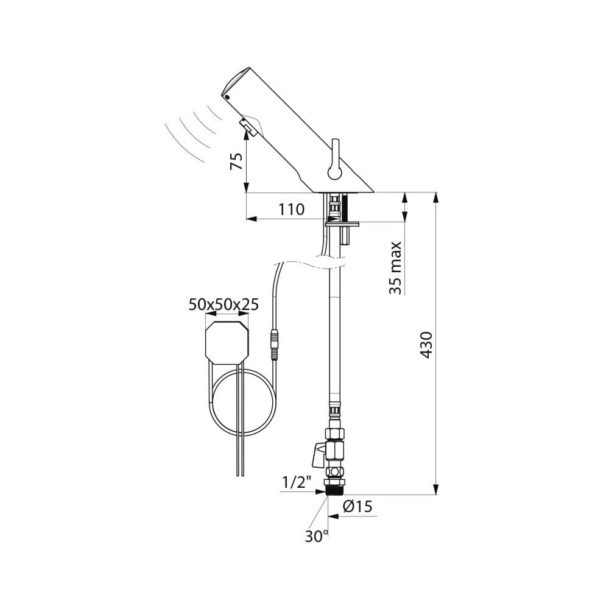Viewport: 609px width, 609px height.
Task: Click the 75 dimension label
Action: pos(236,161)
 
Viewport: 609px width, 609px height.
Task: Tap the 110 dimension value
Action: pos(291,209)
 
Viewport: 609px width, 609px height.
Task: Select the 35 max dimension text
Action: pos(395,268)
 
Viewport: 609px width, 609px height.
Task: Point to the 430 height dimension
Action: pos(426,345)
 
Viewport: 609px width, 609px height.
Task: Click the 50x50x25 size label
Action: pos(224,304)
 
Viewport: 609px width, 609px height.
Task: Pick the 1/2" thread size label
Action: pos(297,482)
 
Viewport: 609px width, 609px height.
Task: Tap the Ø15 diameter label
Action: pos(357,507)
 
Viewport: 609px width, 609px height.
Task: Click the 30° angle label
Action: pos(317,537)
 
